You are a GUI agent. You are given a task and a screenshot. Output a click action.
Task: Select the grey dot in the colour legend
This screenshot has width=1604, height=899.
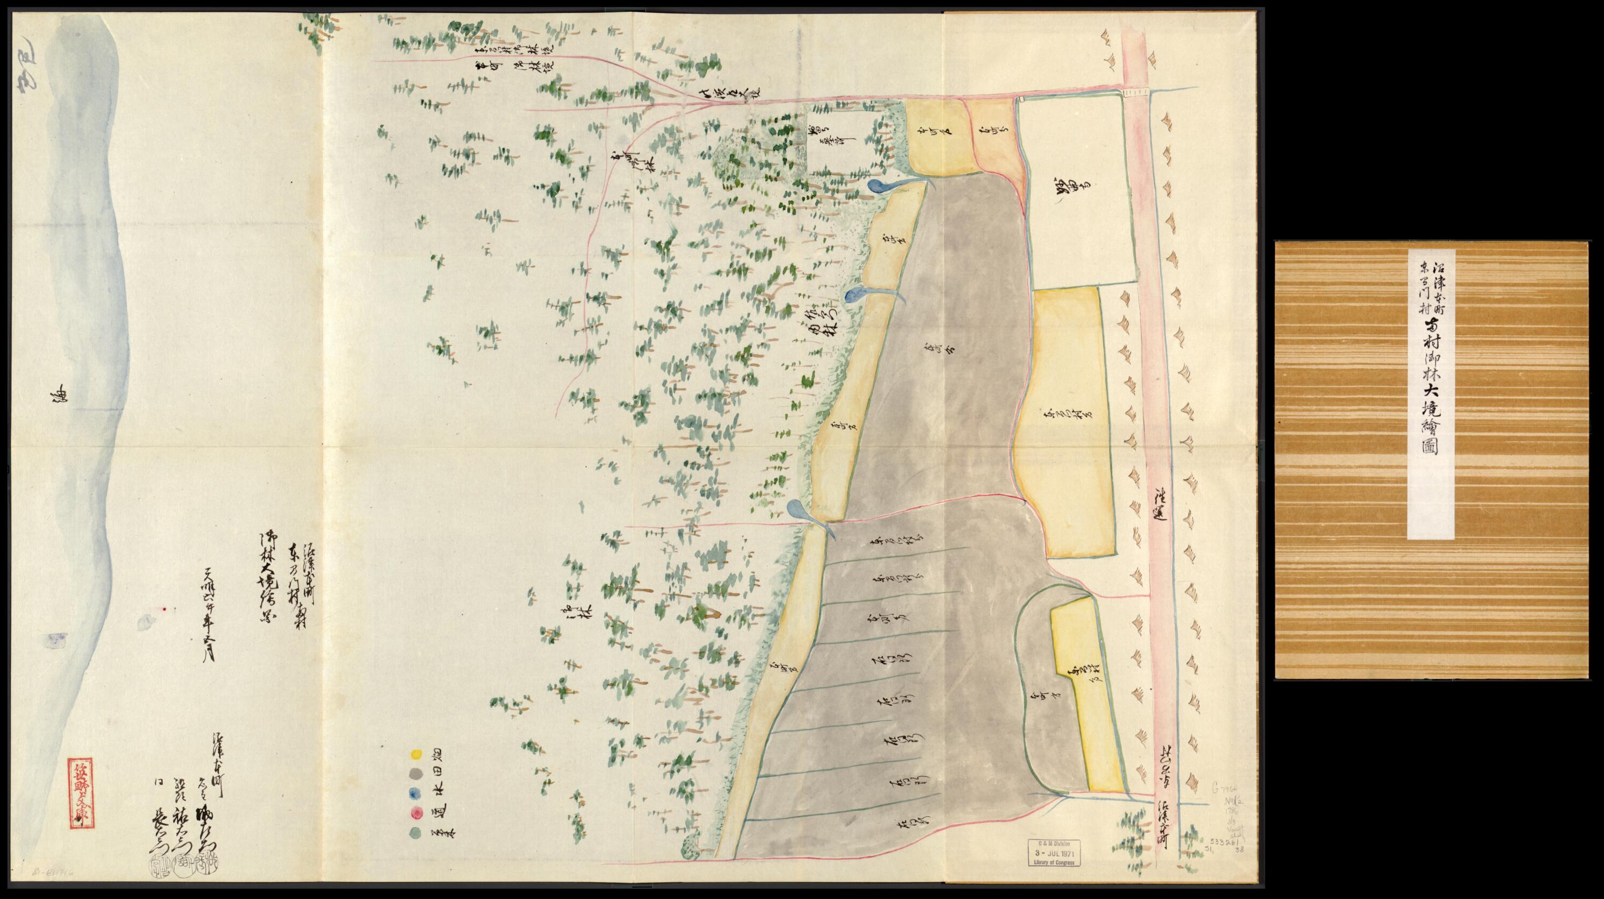tap(415, 774)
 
